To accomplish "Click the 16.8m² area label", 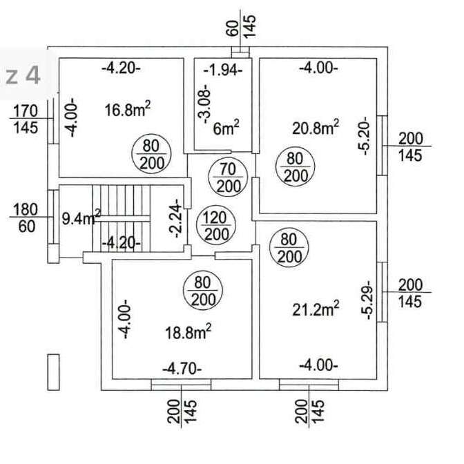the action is [x=128, y=109].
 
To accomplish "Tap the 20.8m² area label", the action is [x=316, y=128].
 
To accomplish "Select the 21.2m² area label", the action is [x=316, y=309].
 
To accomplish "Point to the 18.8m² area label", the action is [x=188, y=331].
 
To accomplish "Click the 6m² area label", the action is [x=226, y=128].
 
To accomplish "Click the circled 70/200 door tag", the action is [x=228, y=177].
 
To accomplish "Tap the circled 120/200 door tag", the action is [x=216, y=226].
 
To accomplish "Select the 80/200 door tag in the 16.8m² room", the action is [x=151, y=154].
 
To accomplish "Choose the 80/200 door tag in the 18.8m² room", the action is [x=203, y=291].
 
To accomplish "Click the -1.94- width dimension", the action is [x=223, y=70].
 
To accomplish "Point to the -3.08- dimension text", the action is [x=205, y=104].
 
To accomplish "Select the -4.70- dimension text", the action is [x=182, y=369].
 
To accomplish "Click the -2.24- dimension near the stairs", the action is [x=176, y=218].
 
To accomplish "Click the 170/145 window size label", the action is [x=26, y=119].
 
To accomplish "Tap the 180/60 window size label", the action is [x=26, y=217].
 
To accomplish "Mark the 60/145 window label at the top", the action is [x=240, y=27].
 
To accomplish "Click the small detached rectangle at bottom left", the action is [x=54, y=372].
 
